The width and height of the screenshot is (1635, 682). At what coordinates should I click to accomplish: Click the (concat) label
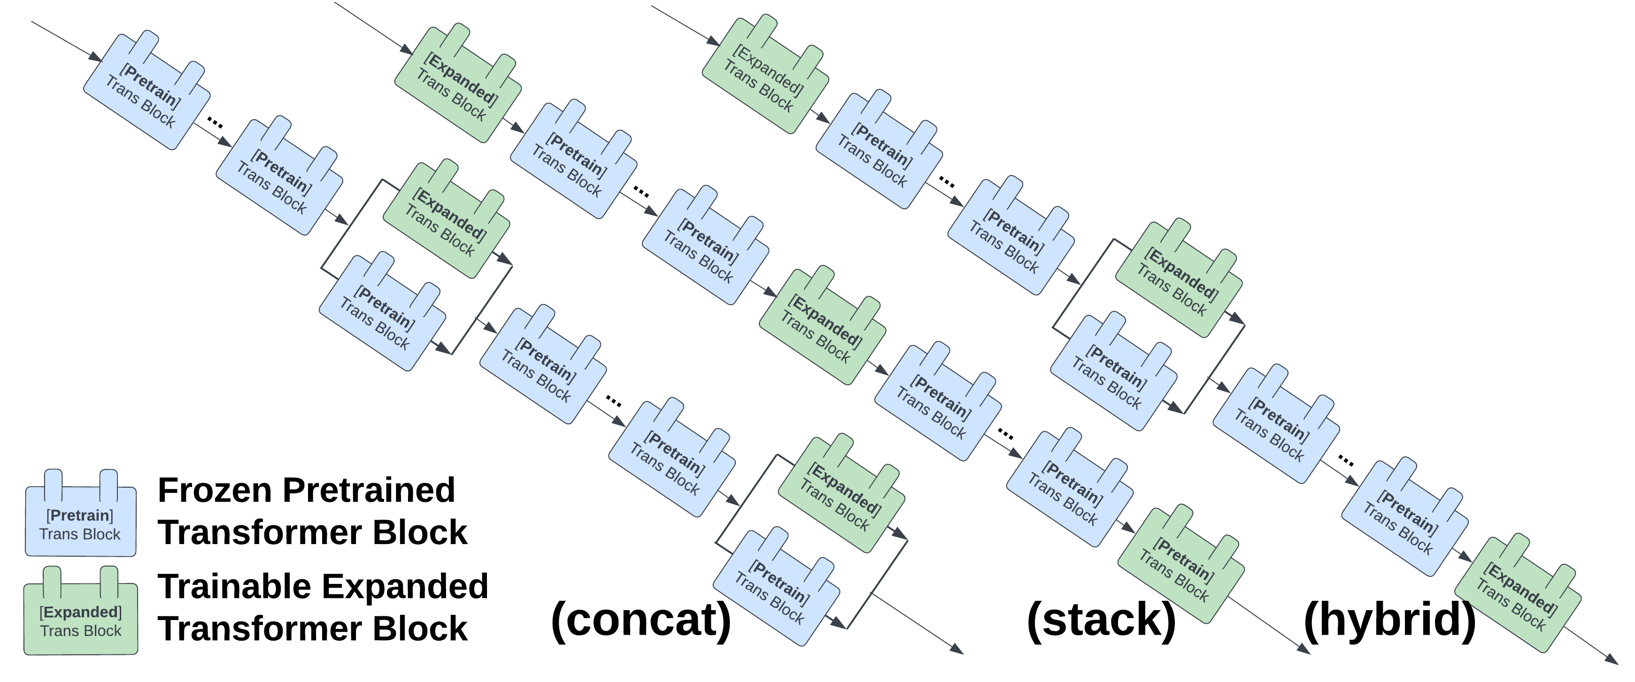click(x=641, y=620)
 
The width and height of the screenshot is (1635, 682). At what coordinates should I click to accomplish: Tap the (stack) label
click(x=1101, y=620)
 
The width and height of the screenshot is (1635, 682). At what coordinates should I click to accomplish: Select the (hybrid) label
click(x=1389, y=620)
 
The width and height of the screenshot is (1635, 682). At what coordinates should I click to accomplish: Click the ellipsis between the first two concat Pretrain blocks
click(x=215, y=123)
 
